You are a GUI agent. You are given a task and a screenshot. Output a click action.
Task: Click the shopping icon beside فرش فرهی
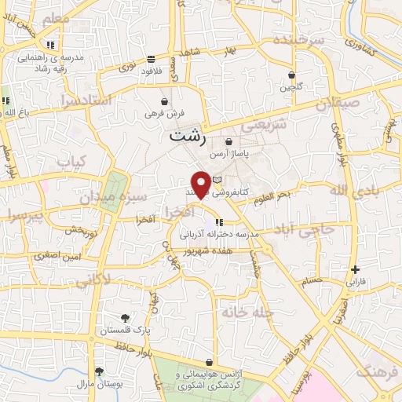pyautogui.click(x=164, y=101)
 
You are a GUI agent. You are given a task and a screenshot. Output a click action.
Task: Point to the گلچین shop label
pyautogui.click(x=292, y=87)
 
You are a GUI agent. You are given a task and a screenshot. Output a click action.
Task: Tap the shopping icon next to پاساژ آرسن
pyautogui.click(x=228, y=142)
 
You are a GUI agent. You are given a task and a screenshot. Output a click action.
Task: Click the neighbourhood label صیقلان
pyautogui.click(x=337, y=102)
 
